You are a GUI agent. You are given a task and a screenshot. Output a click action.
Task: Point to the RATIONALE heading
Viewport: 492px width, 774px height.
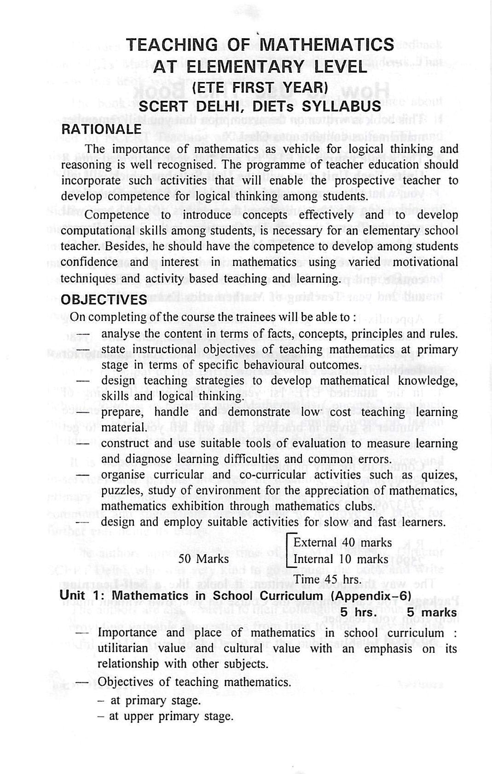coord(101,128)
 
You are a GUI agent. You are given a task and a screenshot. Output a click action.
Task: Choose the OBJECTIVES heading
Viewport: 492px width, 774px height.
coord(104,300)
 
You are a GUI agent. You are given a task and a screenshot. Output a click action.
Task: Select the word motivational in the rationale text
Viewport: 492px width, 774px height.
coord(423,262)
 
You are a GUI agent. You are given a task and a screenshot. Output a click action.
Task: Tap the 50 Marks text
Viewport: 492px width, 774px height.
coord(203,559)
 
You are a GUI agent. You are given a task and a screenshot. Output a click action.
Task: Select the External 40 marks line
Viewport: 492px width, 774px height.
coord(342,543)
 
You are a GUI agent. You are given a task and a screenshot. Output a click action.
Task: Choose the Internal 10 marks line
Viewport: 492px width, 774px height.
coord(341,559)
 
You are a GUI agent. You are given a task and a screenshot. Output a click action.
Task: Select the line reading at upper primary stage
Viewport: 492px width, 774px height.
coord(171,716)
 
